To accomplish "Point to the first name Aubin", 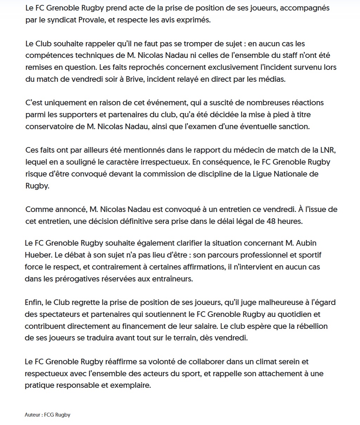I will click(298, 243).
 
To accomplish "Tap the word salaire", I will click(202, 326).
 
